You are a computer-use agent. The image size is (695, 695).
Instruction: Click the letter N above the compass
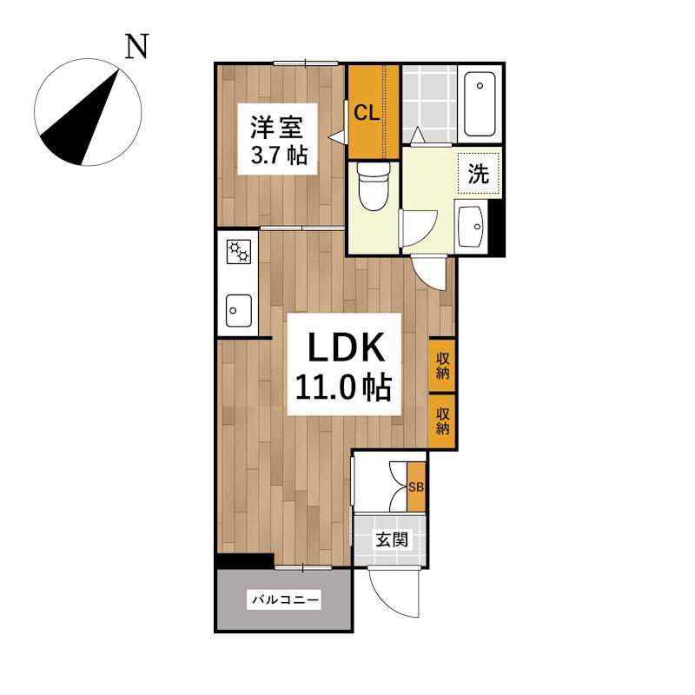coord(136,47)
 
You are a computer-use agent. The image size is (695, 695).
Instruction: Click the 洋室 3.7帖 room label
coord(278,139)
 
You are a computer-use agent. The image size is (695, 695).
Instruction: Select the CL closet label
coord(367,113)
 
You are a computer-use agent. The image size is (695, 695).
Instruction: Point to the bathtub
coord(480,104)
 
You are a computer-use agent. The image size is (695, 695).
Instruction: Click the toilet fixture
coord(374,185)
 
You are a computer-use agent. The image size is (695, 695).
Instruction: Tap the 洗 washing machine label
coord(480,173)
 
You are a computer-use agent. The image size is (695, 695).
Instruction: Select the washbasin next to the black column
coord(471,227)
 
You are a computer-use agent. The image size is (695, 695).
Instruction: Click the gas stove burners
coord(238,251)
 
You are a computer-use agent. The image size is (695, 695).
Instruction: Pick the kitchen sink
coord(238,310)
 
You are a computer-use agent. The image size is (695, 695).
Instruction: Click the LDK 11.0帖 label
coord(344,364)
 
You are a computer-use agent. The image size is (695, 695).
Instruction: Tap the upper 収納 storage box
coord(442,365)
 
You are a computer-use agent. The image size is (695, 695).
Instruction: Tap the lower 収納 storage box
coord(442,421)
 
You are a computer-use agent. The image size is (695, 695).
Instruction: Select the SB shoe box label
coord(416,486)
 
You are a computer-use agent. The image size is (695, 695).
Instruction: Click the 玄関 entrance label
coord(392,539)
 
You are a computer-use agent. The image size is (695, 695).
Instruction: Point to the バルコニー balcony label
coord(285,600)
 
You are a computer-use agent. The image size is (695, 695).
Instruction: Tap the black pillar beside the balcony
coord(245,561)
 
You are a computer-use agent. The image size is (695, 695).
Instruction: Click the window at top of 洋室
coord(306,63)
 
